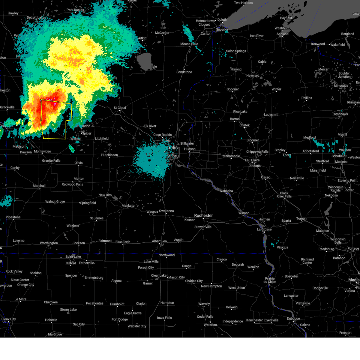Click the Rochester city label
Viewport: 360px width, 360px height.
click(203, 216)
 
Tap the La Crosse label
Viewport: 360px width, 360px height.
click(264, 229)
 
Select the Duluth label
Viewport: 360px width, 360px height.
click(222, 20)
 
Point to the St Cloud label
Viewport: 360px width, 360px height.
click(120, 108)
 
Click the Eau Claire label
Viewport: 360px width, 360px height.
click(252, 160)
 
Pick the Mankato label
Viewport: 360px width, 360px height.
click(128, 206)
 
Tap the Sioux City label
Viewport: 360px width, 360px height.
click(9, 319)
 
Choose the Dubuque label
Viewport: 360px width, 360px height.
click(293, 319)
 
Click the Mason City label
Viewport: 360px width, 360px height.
click(176, 277)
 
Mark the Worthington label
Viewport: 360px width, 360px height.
click(49, 243)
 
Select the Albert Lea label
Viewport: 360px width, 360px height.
click(159, 241)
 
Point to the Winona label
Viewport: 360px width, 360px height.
click(244, 213)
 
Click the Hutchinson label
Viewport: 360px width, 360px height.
click(109, 155)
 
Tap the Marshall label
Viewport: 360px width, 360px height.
click(39, 186)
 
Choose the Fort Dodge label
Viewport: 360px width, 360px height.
click(120, 319)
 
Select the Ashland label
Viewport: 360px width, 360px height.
click(282, 34)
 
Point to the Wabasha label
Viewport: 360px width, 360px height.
click(226, 191)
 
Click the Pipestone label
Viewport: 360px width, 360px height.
click(13, 217)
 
